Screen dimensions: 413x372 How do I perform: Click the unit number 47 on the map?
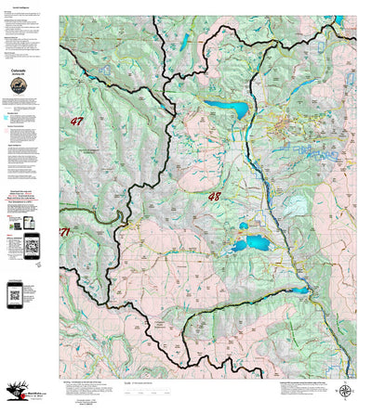point(76,121)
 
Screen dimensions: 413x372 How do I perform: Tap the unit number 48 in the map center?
point(215,197)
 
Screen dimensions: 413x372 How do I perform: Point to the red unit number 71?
point(64,230)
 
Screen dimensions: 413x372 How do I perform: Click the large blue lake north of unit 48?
point(226,110)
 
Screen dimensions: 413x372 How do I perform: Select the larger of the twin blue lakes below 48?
point(251,244)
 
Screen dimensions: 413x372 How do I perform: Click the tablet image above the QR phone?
point(27,224)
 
